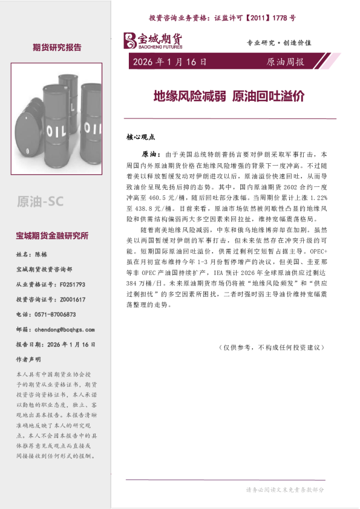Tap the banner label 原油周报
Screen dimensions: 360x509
click(286, 62)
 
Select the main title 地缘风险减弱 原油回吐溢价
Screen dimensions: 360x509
click(228, 96)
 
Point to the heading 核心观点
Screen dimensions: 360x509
click(141, 137)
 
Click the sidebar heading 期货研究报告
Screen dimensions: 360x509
click(57, 47)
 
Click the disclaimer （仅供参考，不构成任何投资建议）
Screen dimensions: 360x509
click(273, 348)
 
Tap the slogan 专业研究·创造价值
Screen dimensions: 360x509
click(279, 44)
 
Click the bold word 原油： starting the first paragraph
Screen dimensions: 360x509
click(151, 155)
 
